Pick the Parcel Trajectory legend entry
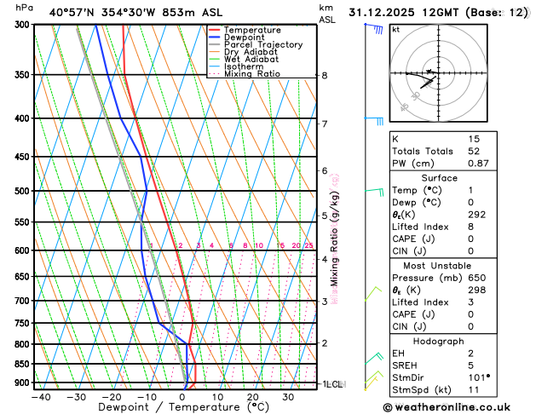pyautogui.click(x=263, y=45)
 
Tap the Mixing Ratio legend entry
pyautogui.click(x=253, y=74)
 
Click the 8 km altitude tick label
pyautogui.click(x=325, y=75)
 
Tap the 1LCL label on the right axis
pyautogui.click(x=331, y=384)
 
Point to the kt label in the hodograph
pyautogui.click(x=395, y=29)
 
